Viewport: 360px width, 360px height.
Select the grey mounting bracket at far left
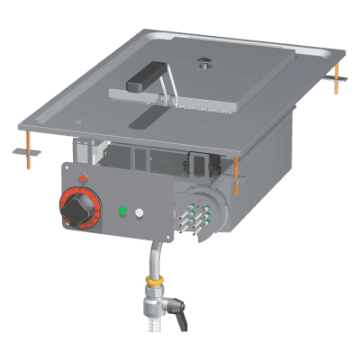point(24,152)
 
